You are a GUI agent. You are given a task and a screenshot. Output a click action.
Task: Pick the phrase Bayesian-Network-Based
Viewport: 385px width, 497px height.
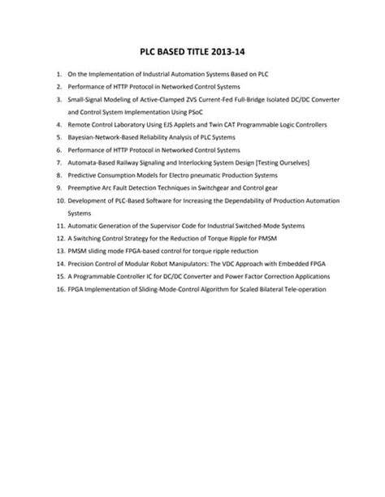coord(101,138)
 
